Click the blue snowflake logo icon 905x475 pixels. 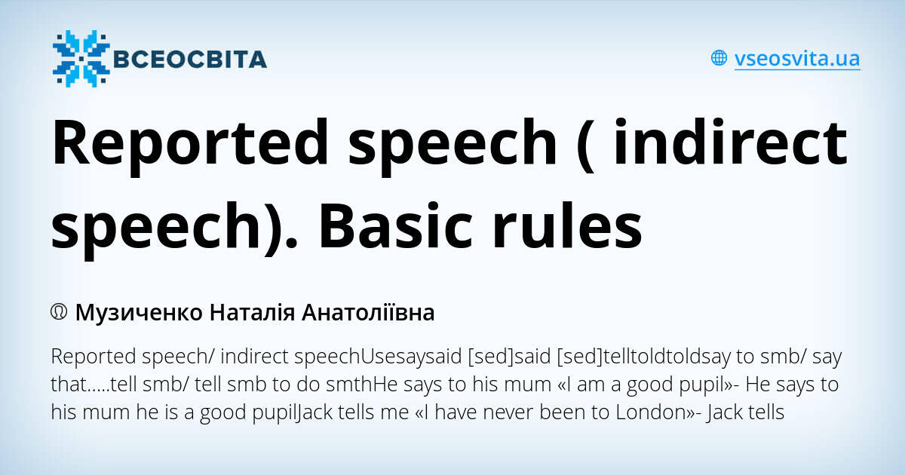[80, 58]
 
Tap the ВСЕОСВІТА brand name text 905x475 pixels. [190, 59]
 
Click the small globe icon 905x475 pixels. [719, 58]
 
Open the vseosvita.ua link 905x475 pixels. [797, 58]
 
